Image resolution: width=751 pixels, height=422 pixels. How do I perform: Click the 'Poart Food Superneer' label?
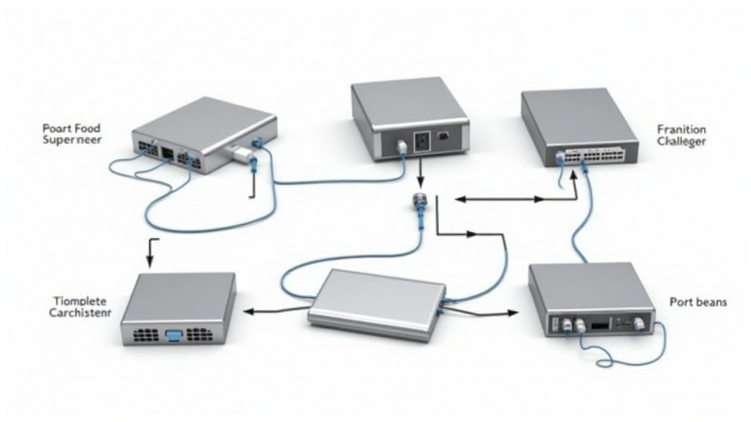[x=72, y=133]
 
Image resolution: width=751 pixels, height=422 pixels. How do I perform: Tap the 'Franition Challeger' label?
[x=681, y=136]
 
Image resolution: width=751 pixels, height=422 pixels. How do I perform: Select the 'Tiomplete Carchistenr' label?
[x=81, y=307]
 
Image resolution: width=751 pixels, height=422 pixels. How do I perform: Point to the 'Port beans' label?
[x=697, y=302]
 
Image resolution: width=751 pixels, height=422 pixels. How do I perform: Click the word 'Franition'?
[x=681, y=129]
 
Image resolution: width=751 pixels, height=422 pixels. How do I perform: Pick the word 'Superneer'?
[x=72, y=139]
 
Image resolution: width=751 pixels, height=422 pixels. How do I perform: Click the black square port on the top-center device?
[x=420, y=139]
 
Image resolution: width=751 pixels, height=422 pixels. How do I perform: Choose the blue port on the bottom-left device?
[x=174, y=335]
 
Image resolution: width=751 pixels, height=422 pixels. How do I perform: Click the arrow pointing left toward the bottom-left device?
[x=249, y=311]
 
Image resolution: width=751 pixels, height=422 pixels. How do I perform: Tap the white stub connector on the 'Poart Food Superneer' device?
[x=238, y=152]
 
